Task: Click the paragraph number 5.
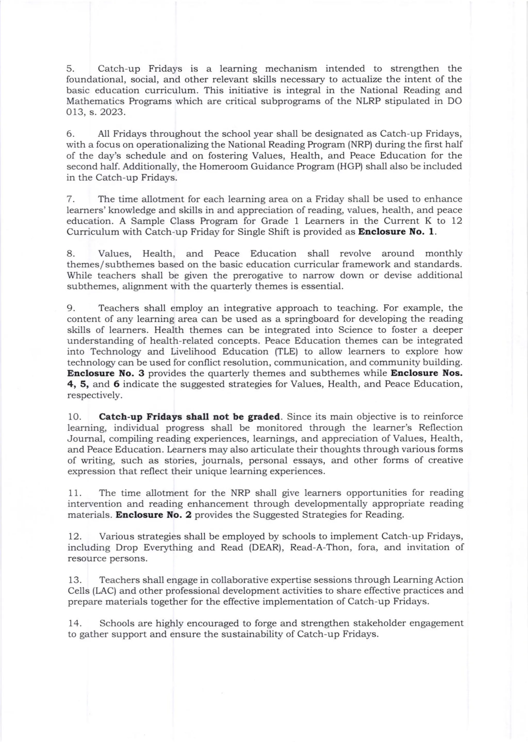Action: point(70,69)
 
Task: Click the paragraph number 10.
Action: point(74,417)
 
